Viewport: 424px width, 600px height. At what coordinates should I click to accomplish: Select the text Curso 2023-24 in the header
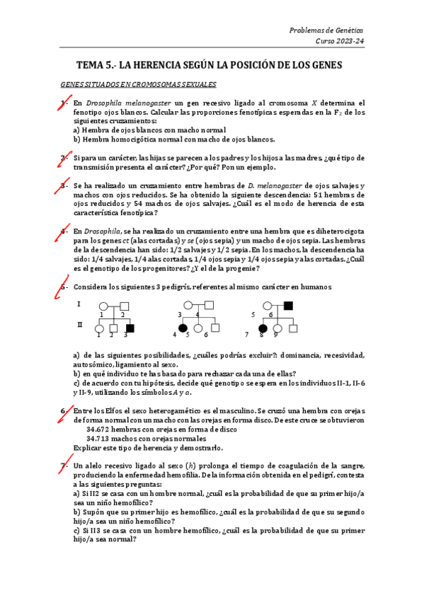pyautogui.click(x=339, y=42)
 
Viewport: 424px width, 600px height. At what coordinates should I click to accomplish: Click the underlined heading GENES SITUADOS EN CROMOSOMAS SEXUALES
pyautogui.click(x=138, y=85)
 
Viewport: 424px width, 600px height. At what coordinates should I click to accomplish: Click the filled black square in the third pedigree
pyautogui.click(x=287, y=306)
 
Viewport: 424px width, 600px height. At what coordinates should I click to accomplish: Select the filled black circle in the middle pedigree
pyautogui.click(x=183, y=328)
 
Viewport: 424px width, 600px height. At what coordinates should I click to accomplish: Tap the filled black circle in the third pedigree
pyautogui.click(x=262, y=328)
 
